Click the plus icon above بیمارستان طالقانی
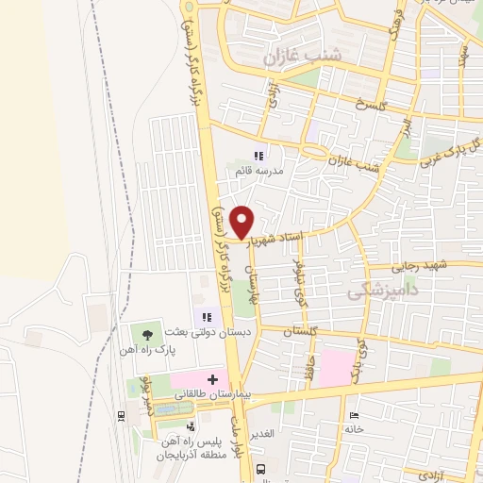(211, 379)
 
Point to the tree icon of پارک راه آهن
(145, 332)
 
